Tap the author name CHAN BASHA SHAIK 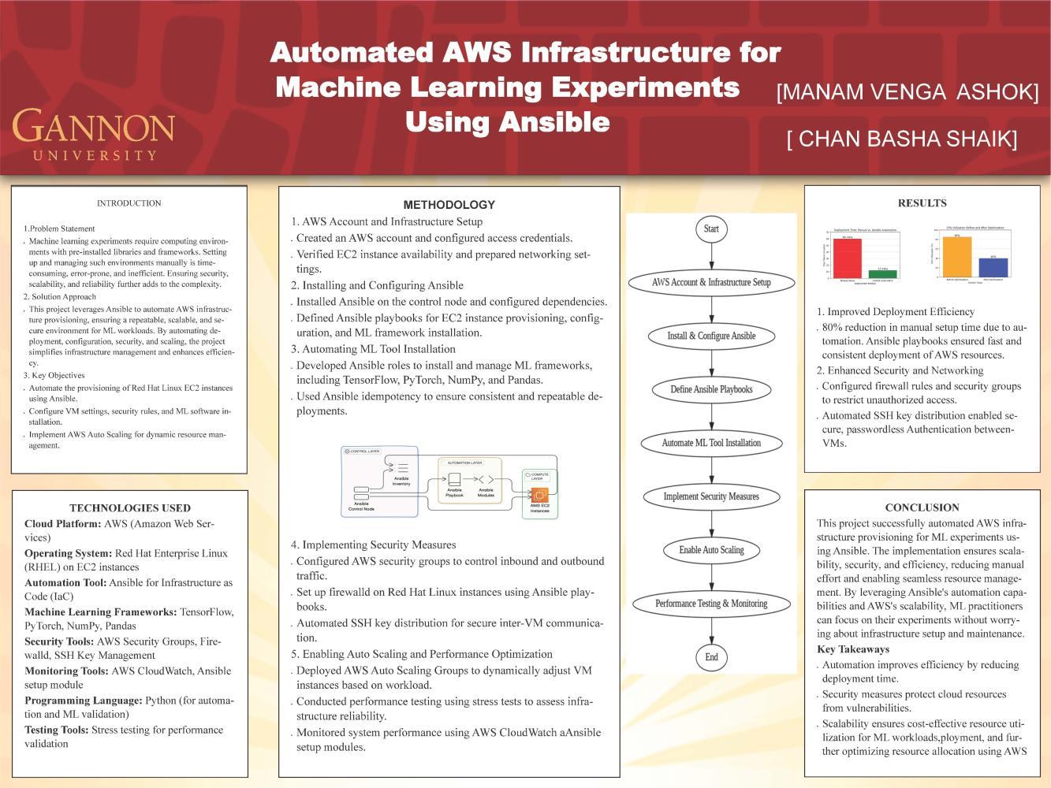[901, 139]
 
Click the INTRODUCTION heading [129, 203]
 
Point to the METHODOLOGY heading [449, 205]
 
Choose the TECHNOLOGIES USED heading [130, 508]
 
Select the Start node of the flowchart [711, 229]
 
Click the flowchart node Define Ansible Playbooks [711, 389]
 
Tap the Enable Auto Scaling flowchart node [711, 550]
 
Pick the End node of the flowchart [711, 657]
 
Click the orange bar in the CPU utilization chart [957, 257]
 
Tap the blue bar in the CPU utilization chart [993, 267]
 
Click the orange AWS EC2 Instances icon [539, 495]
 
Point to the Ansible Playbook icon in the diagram [454, 479]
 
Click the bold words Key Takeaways [853, 649]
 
